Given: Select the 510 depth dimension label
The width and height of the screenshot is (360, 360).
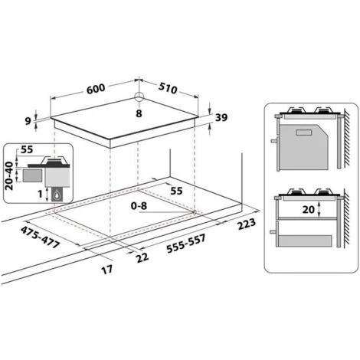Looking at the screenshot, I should [x=169, y=89].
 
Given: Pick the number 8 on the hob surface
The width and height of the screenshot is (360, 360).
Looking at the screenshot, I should [x=139, y=113].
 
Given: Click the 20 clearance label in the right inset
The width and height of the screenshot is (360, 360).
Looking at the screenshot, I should [x=307, y=209].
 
